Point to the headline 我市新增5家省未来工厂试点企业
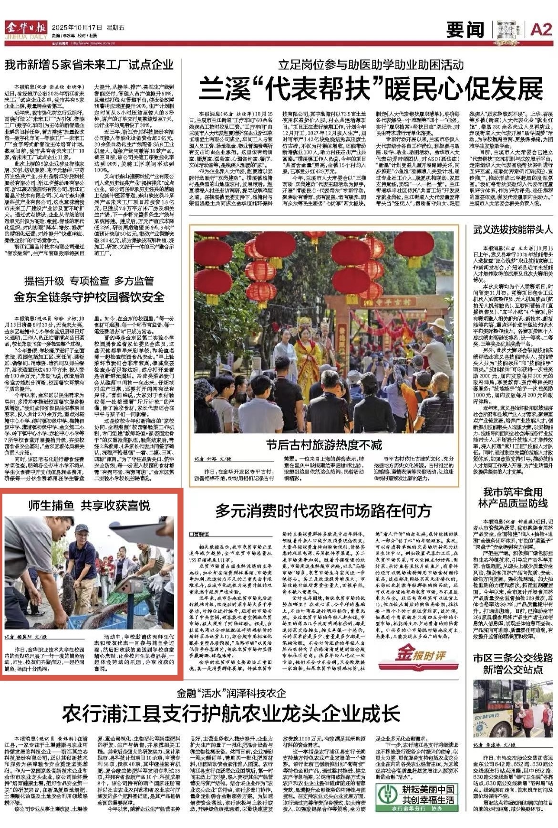89,64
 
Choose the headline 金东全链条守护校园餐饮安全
89,297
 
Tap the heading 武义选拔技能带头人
513,230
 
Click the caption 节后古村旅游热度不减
324,445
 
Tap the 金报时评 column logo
419,663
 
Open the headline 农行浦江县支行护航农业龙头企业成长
231,713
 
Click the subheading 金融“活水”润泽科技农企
231,692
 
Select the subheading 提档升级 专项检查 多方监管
89,281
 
